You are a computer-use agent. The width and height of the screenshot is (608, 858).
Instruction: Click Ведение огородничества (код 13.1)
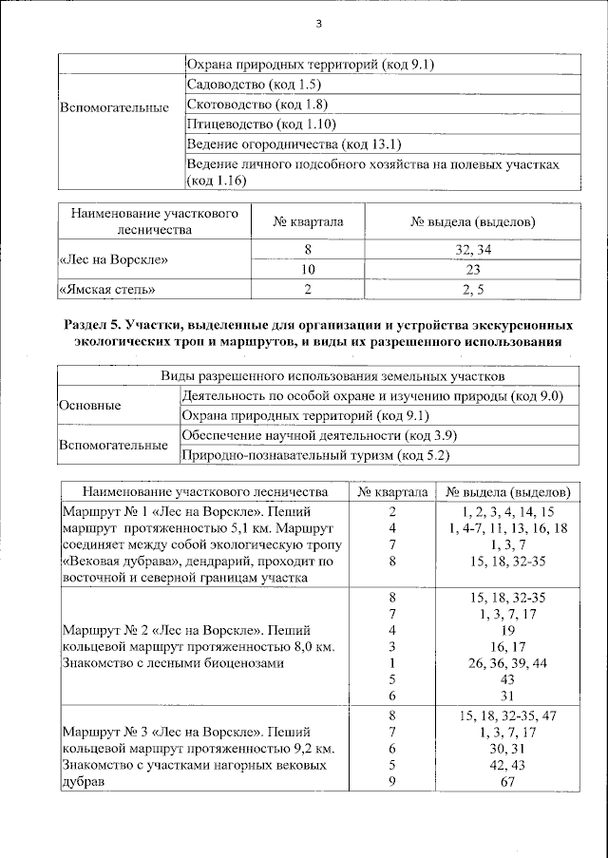tap(268, 144)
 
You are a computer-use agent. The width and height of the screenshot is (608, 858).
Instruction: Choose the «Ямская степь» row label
tap(106, 288)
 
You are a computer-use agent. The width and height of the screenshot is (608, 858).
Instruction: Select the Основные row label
tap(90, 406)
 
